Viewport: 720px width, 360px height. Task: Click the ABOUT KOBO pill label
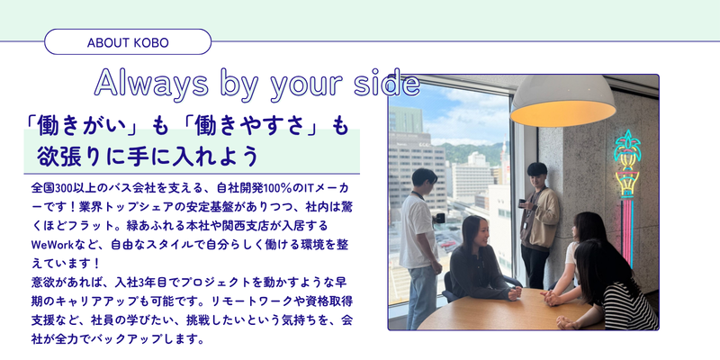[x=128, y=42]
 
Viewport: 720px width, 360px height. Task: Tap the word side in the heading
[x=387, y=84]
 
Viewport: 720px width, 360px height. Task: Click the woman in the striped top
[x=617, y=288]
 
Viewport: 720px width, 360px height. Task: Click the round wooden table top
[x=495, y=310]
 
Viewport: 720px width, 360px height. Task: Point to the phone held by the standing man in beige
[x=532, y=203]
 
